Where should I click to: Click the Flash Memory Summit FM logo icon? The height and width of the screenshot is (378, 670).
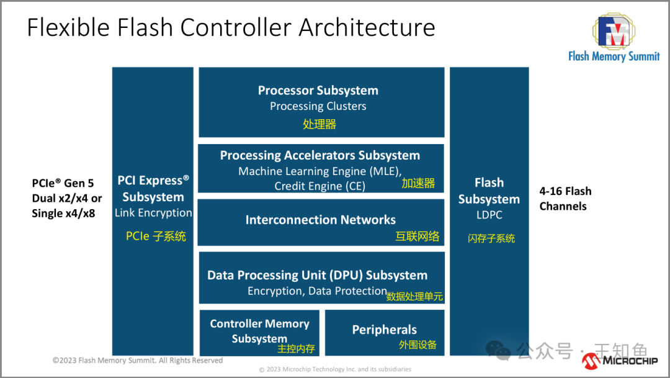[614, 31]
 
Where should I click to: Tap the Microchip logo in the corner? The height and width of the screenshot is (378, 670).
[620, 361]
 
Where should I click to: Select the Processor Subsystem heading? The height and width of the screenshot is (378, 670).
[318, 90]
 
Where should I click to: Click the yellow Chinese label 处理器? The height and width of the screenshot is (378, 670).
[319, 124]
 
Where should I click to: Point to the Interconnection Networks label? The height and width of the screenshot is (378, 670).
[321, 220]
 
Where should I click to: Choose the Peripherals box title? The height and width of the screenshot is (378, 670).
[384, 330]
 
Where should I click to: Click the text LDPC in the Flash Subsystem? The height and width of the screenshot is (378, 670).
[489, 215]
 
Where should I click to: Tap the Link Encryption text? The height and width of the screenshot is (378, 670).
[153, 212]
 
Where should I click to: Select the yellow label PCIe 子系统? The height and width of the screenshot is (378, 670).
[156, 236]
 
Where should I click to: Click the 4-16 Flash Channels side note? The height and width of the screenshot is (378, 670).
[565, 199]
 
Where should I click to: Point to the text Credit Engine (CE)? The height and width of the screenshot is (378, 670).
[319, 186]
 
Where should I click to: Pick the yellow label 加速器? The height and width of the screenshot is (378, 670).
[418, 184]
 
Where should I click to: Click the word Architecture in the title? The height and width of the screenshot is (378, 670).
[367, 27]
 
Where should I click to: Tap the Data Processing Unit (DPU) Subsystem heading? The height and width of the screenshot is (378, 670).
[317, 275]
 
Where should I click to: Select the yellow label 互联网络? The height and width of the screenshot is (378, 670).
[417, 236]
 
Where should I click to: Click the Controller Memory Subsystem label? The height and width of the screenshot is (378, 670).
[259, 331]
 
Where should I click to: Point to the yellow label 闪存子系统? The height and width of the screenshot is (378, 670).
[491, 238]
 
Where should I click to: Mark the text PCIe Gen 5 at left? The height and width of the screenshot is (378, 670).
[63, 183]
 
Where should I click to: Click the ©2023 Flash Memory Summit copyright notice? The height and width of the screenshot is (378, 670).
[138, 361]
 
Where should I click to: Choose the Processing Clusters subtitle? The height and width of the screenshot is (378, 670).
[318, 106]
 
